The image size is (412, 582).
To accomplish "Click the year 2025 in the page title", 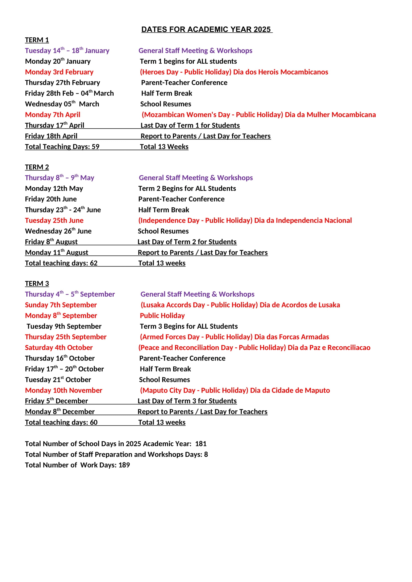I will coord(262,29).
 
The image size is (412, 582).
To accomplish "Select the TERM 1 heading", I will coord(37,40).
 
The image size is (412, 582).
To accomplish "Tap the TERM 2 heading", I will coord(37,167).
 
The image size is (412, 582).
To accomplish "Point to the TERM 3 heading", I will coord(37,283).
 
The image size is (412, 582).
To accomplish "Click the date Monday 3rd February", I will coord(59,72).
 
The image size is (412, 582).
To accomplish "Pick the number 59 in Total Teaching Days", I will coord(95,147).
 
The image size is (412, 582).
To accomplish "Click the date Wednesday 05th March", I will coord(62,104).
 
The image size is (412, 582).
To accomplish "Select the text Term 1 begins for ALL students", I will coord(188,61).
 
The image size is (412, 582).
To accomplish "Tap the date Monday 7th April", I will coord(53,114).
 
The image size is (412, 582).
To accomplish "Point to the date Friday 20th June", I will coord(51,199).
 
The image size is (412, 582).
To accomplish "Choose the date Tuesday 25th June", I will coord(54,220).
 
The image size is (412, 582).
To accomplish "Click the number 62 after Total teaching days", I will coord(94,263).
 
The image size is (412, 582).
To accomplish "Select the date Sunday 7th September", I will coord(61,305).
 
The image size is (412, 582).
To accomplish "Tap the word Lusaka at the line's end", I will coord(329,305).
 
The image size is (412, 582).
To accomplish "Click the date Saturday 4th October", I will coord(59,348).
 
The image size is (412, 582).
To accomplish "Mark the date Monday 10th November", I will coord(64,390).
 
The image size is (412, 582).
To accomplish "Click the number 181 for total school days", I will coord(201,444).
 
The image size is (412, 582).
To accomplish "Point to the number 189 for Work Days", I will coord(124,465).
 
